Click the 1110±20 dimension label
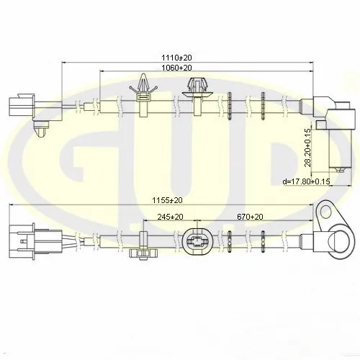pos(176,58)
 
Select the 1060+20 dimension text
pos(176,68)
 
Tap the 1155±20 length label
pos(167,200)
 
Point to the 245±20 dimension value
pos(170,217)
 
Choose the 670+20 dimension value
pos(250,217)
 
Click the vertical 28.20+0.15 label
pos(307,148)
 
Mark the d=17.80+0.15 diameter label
pos(306,181)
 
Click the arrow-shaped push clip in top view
pos(144,95)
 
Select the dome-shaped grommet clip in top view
pos(197,96)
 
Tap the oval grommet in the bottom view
pos(197,241)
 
